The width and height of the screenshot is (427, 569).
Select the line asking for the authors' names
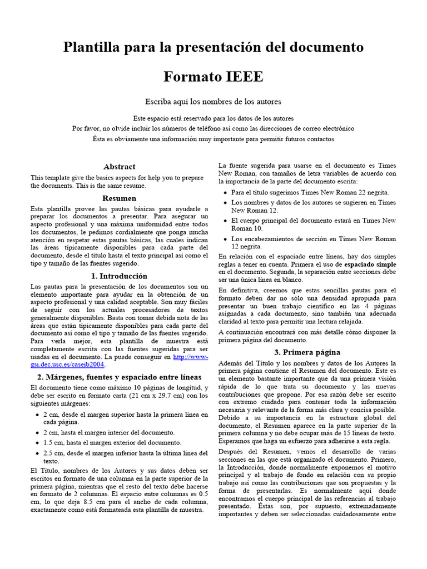tap(213, 101)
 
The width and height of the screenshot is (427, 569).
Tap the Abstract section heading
tap(119, 166)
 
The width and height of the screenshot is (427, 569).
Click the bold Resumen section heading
tap(119, 198)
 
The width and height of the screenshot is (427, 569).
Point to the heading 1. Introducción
tap(119, 276)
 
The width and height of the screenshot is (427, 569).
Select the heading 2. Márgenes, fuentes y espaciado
tap(119, 377)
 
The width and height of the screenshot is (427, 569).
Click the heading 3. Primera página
tap(307, 352)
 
